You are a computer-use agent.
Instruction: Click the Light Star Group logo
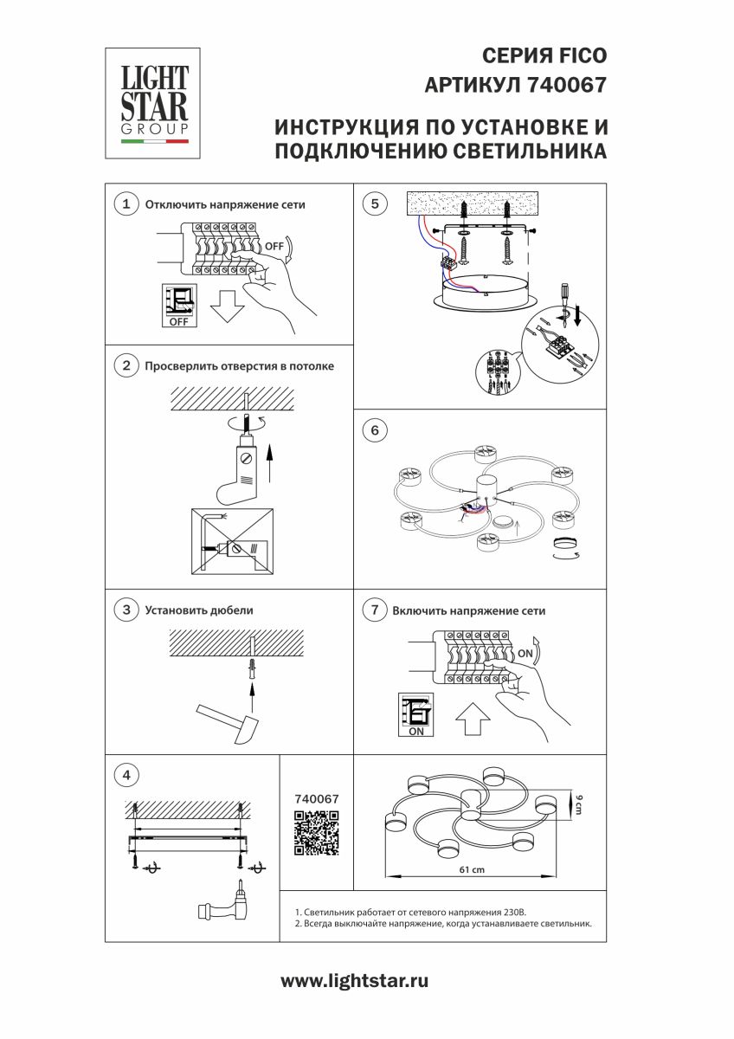(153, 102)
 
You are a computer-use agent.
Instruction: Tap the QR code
(316, 833)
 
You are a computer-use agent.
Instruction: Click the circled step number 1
(127, 204)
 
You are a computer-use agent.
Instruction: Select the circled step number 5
(375, 204)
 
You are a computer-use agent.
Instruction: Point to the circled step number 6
(375, 430)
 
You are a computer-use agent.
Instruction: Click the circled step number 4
(127, 774)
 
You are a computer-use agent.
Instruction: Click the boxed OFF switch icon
(178, 305)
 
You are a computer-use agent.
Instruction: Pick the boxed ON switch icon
(415, 714)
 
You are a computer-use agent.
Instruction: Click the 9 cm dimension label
(579, 804)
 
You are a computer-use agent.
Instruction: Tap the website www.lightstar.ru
(355, 982)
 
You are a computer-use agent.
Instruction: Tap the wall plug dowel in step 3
(252, 667)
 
